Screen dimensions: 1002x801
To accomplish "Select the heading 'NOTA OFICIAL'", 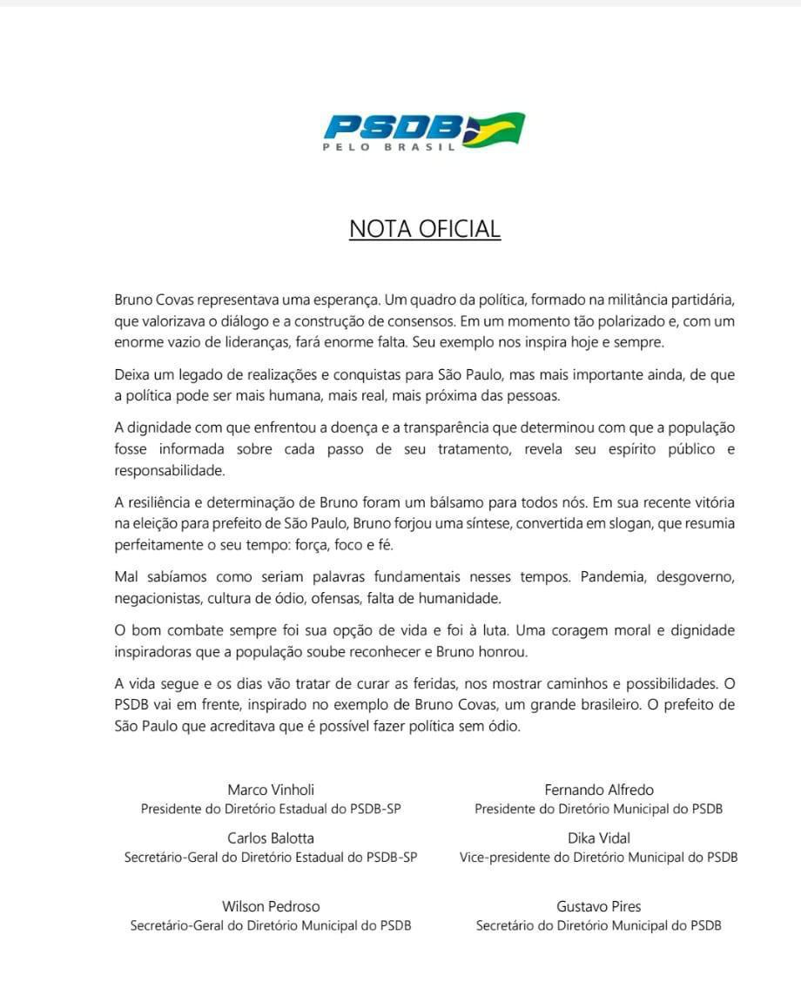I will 425,229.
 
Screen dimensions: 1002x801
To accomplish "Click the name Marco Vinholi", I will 271,790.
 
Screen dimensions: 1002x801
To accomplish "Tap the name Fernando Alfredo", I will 599,790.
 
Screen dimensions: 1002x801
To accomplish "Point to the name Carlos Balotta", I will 271,838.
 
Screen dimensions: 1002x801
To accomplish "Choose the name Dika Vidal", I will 599,838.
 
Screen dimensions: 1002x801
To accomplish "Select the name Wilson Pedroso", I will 271,906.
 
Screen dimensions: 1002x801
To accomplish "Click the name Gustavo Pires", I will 599,906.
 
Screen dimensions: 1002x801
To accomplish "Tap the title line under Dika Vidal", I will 599,857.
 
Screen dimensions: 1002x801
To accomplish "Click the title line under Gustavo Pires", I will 599,925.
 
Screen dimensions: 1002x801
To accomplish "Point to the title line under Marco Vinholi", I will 271,809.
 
